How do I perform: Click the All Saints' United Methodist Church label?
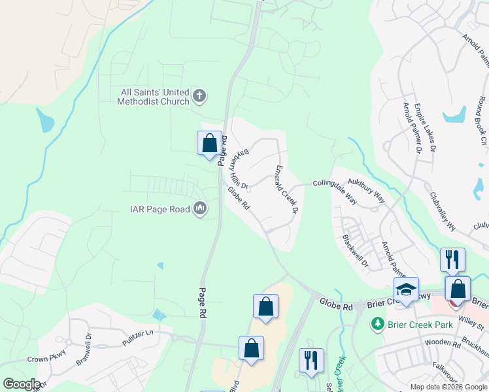tap(153, 97)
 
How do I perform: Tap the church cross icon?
tap(200, 97)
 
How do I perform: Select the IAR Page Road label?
tap(159, 209)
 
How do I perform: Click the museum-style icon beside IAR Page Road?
tap(200, 209)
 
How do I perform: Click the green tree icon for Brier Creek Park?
tap(377, 323)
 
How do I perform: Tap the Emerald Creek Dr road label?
tap(286, 189)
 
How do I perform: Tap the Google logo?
tap(21, 384)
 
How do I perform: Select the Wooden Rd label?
tap(443, 342)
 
